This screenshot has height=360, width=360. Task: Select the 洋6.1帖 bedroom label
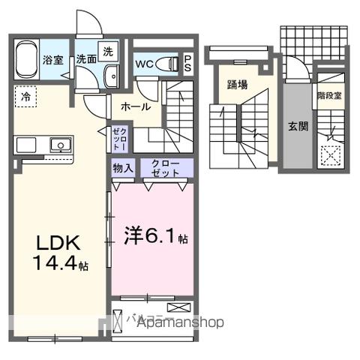[x=154, y=238]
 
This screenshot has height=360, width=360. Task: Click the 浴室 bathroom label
[x=51, y=61]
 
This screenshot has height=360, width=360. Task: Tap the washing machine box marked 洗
[x=108, y=52]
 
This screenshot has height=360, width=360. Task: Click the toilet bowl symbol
[x=172, y=63]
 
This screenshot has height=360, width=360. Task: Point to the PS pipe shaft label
[x=187, y=62]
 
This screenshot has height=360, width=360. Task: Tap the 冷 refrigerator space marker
[x=25, y=97]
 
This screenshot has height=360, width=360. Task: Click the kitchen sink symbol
[x=58, y=145]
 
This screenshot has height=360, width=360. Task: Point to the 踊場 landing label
[x=238, y=84]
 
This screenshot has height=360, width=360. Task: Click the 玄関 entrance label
[x=298, y=126]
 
